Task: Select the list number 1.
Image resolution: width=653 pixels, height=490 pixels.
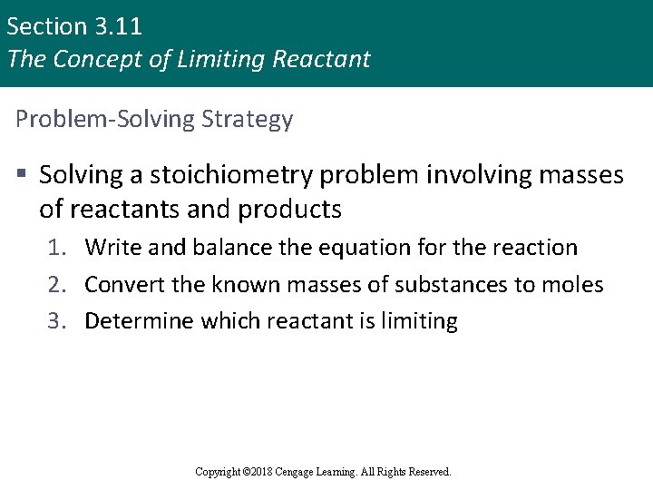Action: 58,248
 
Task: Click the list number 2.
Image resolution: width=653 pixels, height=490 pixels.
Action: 58,285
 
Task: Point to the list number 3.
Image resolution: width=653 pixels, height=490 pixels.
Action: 58,321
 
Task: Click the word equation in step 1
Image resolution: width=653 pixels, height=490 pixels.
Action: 354,248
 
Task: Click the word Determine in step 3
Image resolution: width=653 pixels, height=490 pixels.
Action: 139,321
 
